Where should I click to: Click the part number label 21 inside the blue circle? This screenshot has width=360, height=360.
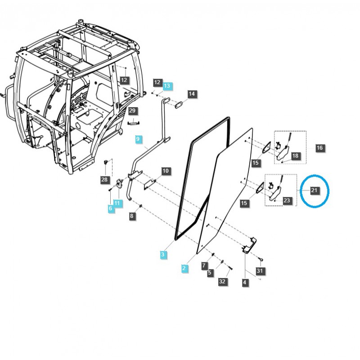pyautogui.click(x=315, y=190)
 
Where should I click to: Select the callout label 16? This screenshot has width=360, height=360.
pyautogui.click(x=319, y=148)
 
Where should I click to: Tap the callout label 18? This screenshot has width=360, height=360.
pyautogui.click(x=295, y=156)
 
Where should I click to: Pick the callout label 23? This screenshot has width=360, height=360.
pyautogui.click(x=287, y=201)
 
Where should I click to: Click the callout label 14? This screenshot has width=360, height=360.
pyautogui.click(x=192, y=94)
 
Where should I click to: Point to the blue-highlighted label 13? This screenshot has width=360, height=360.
pyautogui.click(x=167, y=85)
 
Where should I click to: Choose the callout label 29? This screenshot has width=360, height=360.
pyautogui.click(x=132, y=111)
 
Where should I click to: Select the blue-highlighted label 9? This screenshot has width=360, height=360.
pyautogui.click(x=138, y=139)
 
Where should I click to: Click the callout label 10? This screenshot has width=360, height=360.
pyautogui.click(x=166, y=171)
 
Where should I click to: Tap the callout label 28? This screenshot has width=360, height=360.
pyautogui.click(x=104, y=180)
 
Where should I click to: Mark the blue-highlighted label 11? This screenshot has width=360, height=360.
pyautogui.click(x=117, y=203)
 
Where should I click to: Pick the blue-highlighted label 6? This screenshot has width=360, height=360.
pyautogui.click(x=110, y=208)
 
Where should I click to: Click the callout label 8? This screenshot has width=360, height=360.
pyautogui.click(x=132, y=216)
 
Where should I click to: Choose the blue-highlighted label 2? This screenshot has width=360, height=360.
pyautogui.click(x=184, y=268)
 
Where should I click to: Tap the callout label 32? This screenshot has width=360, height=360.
pyautogui.click(x=222, y=282)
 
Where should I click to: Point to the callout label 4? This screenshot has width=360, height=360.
pyautogui.click(x=245, y=283)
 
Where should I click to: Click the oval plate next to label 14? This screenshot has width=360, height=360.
pyautogui.click(x=177, y=104)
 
